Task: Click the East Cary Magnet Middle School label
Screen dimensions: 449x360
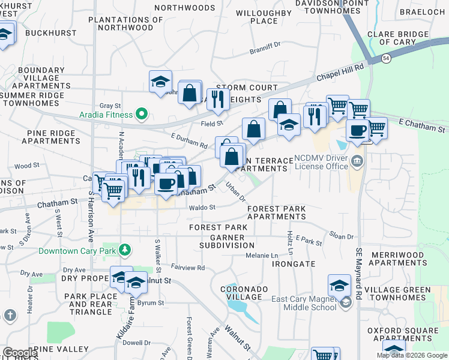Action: [x=304, y=304]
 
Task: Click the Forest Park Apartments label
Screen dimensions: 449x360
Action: [x=276, y=212]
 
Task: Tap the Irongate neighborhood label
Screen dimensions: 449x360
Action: [x=293, y=264]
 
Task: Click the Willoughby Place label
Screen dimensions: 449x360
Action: [x=264, y=17]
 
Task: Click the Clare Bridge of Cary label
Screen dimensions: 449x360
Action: [x=400, y=38]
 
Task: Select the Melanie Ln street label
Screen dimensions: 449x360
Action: [x=262, y=256]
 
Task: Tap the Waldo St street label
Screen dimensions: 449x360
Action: [x=202, y=208]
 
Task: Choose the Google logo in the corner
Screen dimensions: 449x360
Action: [x=20, y=353]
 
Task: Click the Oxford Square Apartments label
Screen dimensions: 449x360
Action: [x=403, y=334]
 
